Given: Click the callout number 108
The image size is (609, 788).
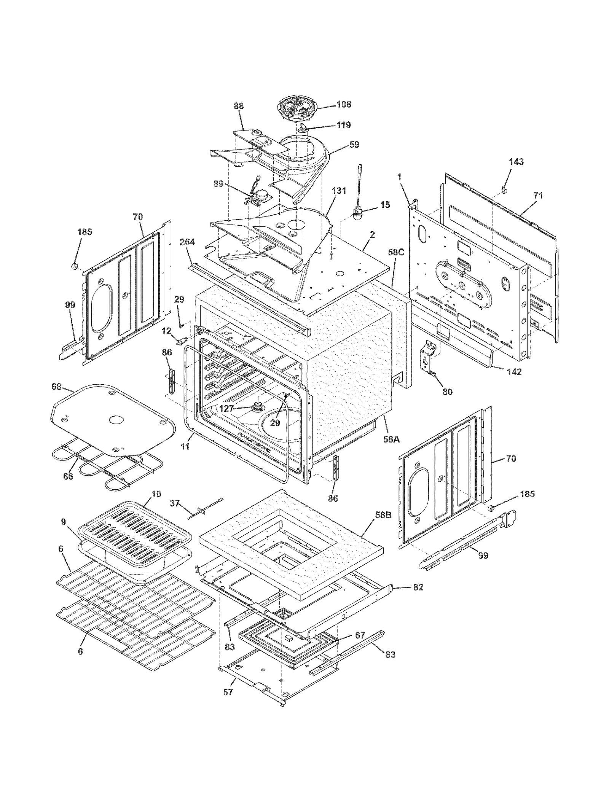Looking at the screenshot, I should click(x=344, y=104).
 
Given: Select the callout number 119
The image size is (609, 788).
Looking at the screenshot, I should click(x=344, y=125).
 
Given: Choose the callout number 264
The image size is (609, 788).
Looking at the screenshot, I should click(x=187, y=242).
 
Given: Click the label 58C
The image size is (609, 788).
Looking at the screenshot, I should click(x=396, y=252).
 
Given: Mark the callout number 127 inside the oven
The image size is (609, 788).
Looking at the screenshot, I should click(x=226, y=409).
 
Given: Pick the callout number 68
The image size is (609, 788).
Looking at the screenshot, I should click(x=56, y=387).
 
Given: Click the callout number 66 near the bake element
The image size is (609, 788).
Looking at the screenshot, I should click(x=68, y=476).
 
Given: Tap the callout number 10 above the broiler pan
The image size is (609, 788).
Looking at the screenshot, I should click(x=156, y=494).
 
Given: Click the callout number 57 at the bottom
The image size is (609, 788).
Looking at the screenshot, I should click(x=228, y=692).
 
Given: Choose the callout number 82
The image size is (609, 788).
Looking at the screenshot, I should click(x=418, y=587).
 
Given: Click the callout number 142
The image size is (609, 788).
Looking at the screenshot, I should click(x=514, y=372).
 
